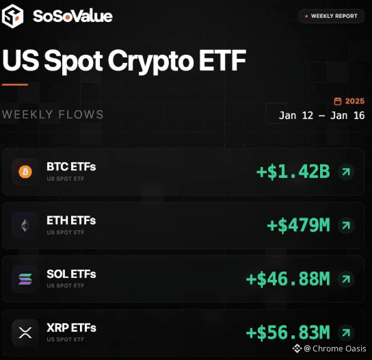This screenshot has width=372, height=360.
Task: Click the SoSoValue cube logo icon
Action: click(12, 16)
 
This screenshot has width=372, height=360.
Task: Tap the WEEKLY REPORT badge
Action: click(331, 16)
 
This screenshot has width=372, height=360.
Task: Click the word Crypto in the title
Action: click(151, 62)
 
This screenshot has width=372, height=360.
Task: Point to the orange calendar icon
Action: click(338, 101)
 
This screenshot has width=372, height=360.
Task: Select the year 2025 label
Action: click(355, 101)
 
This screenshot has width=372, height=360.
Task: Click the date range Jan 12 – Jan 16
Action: click(321, 116)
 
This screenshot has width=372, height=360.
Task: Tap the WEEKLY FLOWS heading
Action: click(53, 114)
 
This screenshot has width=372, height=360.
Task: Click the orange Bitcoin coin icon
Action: click(25, 172)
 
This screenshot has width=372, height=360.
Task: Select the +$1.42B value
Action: click(293, 172)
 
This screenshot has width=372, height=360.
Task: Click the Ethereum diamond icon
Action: click(25, 225)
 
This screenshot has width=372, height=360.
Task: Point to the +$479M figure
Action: click(298, 225)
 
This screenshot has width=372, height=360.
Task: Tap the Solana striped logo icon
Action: click(25, 279)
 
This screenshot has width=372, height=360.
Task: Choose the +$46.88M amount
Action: click(288, 279)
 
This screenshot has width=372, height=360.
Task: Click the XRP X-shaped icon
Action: click(25, 333)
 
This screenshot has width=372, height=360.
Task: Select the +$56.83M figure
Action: click(288, 333)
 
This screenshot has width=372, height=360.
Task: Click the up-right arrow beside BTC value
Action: click(346, 172)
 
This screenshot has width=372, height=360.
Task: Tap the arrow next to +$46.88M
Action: click(346, 279)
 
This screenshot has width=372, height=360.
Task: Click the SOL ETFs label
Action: click(71, 274)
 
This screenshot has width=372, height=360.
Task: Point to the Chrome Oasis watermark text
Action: click(339, 348)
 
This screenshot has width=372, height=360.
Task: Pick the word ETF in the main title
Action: click(222, 60)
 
